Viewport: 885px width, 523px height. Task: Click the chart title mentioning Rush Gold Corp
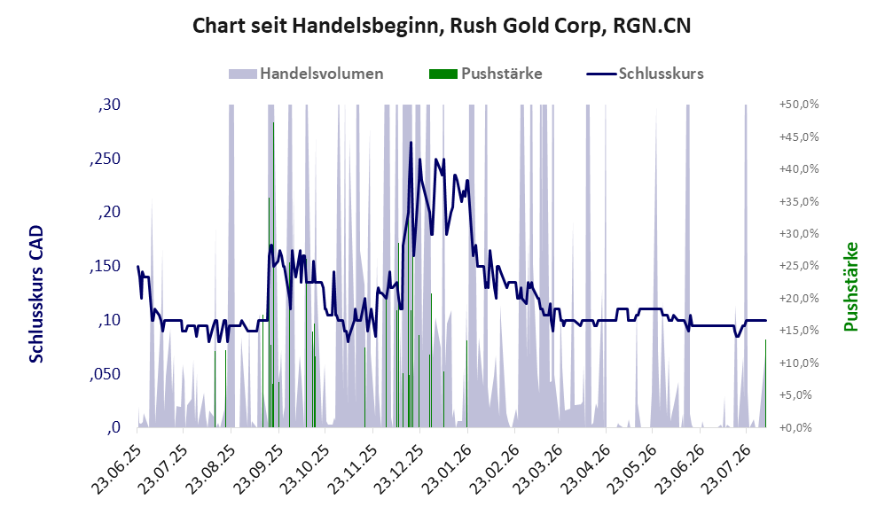click(x=442, y=26)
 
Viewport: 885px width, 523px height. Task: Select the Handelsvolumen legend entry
click(x=306, y=74)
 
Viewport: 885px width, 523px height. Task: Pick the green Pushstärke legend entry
click(x=485, y=74)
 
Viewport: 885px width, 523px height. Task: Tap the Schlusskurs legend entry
click(x=645, y=74)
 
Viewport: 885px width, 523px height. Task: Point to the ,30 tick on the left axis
click(x=109, y=105)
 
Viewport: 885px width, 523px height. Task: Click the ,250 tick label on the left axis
click(x=105, y=159)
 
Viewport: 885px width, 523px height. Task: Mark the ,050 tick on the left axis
click(x=105, y=374)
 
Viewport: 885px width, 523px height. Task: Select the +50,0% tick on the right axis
click(x=799, y=105)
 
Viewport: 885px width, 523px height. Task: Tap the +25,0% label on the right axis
click(x=799, y=266)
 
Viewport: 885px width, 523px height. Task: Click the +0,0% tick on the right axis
click(x=795, y=427)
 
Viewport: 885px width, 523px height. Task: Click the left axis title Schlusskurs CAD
click(x=36, y=294)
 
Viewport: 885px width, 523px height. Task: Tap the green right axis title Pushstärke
click(x=850, y=286)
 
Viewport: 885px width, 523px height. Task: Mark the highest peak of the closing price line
click(x=411, y=143)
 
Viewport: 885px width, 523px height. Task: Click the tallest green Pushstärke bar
click(x=273, y=275)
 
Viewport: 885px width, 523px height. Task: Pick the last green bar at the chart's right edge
click(x=765, y=384)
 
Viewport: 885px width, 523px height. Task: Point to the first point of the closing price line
click(x=137, y=266)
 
